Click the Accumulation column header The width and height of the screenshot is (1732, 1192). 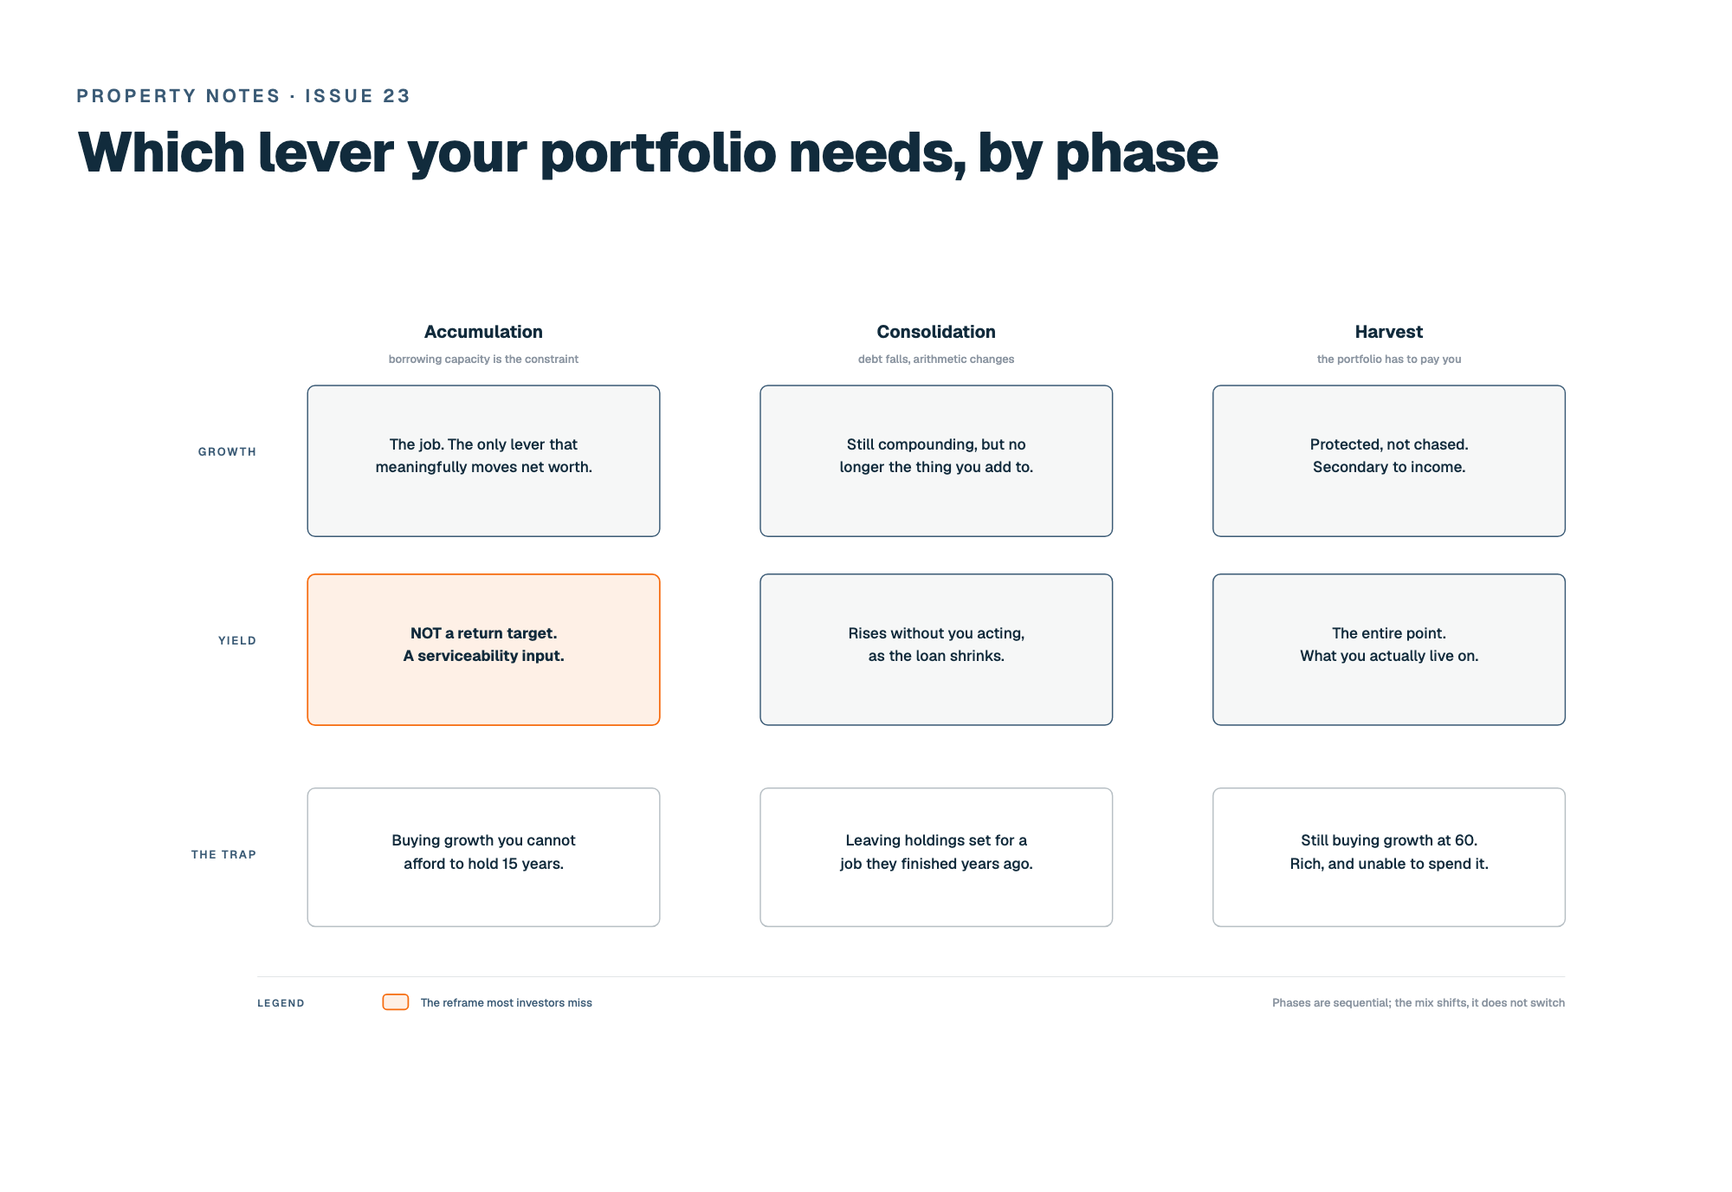(483, 332)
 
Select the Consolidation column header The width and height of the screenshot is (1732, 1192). (936, 332)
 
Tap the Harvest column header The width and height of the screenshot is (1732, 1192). (1389, 332)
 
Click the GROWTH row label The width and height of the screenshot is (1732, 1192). (227, 452)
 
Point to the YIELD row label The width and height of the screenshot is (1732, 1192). (237, 641)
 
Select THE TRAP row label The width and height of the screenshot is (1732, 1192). (223, 855)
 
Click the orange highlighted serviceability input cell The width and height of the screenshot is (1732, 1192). (483, 650)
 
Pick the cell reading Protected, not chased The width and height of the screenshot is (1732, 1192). (1389, 461)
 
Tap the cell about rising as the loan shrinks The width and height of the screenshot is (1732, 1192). (936, 650)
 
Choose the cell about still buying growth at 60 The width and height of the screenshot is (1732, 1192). (1389, 857)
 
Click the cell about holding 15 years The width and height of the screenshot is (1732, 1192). (483, 857)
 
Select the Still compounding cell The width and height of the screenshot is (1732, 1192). (936, 461)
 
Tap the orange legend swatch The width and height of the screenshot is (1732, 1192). (396, 1002)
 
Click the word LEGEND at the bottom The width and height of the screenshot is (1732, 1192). (281, 1003)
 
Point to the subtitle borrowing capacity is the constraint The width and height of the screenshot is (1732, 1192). (483, 360)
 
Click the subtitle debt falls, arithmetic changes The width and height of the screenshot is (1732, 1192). (936, 360)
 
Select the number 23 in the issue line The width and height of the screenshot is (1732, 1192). (397, 96)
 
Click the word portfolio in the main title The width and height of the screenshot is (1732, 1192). (658, 154)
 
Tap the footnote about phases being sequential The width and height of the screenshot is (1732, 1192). (1419, 1003)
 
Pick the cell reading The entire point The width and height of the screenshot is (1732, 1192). (1389, 650)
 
